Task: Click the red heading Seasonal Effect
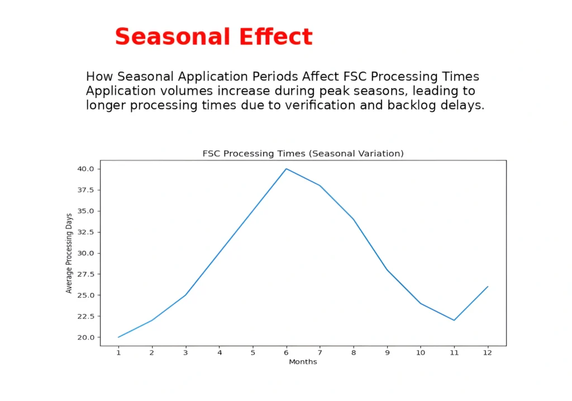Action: (x=213, y=37)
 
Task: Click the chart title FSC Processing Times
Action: (x=302, y=153)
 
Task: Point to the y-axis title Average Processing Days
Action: (x=69, y=253)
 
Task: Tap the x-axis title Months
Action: (x=303, y=362)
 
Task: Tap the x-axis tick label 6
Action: (x=286, y=353)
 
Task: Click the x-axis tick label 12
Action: (x=487, y=353)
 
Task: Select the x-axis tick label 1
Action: (x=118, y=353)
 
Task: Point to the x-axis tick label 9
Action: (x=387, y=353)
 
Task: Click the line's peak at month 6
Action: (x=286, y=169)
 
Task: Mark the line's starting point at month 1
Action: (x=118, y=337)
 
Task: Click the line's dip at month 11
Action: (x=454, y=320)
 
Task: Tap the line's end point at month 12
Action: (x=488, y=286)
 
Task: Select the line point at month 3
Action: (x=185, y=295)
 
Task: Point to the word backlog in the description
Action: (x=411, y=105)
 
